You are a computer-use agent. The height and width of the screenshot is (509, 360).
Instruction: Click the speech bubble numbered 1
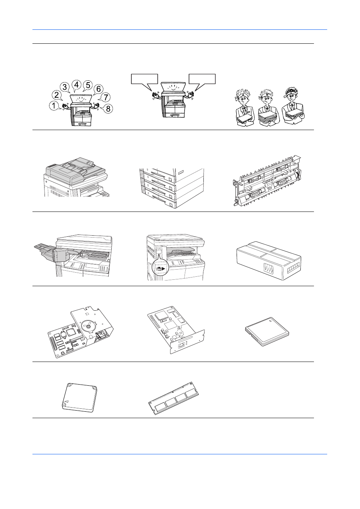pyautogui.click(x=54, y=106)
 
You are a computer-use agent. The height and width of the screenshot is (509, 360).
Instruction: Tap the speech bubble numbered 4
pyautogui.click(x=76, y=85)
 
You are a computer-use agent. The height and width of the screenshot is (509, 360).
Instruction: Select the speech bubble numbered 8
pyautogui.click(x=108, y=109)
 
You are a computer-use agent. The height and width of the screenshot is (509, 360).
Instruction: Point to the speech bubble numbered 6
pyautogui.click(x=98, y=89)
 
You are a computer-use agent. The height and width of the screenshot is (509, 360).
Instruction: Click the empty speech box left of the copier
pyautogui.click(x=145, y=79)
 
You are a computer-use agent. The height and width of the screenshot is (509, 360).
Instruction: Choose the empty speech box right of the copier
pyautogui.click(x=202, y=79)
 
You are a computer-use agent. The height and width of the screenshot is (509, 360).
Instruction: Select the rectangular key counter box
pyautogui.click(x=269, y=261)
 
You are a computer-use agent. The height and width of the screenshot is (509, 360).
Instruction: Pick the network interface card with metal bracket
pyautogui.click(x=176, y=332)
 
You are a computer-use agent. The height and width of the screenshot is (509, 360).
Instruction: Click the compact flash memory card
pyautogui.click(x=267, y=332)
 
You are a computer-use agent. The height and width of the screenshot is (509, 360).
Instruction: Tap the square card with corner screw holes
pyautogui.click(x=80, y=398)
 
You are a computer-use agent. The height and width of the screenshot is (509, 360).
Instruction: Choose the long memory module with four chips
pyautogui.click(x=174, y=398)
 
